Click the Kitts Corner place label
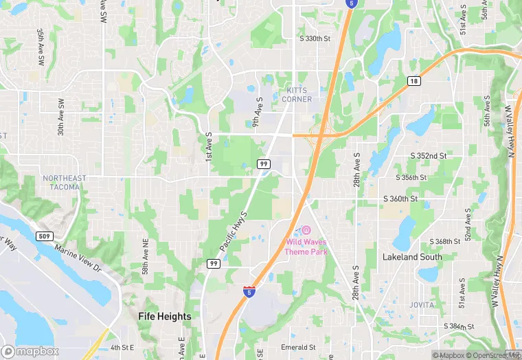tap(297, 95)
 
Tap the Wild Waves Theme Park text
tap(306, 247)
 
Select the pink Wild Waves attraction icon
tap(306, 229)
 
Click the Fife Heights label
tap(165, 317)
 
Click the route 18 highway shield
tap(413, 81)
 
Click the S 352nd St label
tap(429, 156)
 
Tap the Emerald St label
tap(298, 348)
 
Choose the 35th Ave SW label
tap(41, 47)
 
